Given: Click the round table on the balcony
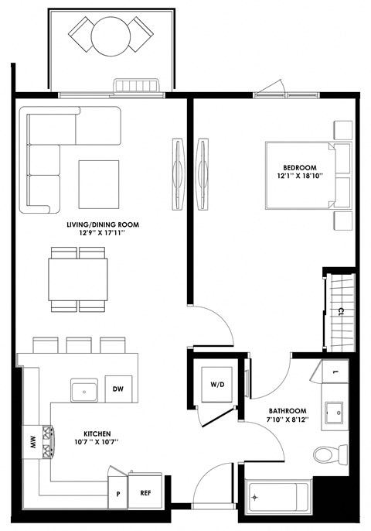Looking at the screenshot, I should [x=110, y=35].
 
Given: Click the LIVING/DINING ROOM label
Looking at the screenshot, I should [x=102, y=224].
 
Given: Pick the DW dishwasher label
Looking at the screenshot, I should [x=118, y=389].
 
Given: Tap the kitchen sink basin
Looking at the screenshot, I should [x=83, y=389].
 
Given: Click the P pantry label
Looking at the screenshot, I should [x=118, y=493].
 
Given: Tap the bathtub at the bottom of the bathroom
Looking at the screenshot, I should [x=278, y=496].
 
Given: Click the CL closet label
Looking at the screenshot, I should [x=341, y=312].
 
